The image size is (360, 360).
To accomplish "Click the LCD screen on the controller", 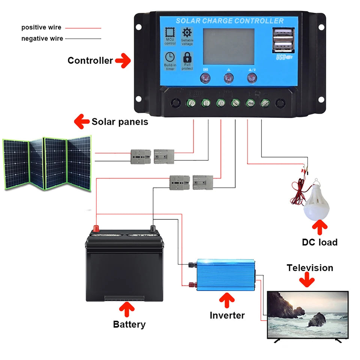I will tap(228, 46).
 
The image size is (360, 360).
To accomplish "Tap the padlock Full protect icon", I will tap(187, 58).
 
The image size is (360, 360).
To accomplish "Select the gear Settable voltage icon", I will tap(187, 33).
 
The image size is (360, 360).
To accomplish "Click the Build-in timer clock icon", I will tap(170, 57).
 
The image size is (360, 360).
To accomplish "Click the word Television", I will tap(310, 268).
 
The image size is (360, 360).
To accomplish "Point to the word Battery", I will tap(129, 324).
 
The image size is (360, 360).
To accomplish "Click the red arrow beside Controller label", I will tap(123, 60).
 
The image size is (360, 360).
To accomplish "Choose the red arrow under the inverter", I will tap(226, 300).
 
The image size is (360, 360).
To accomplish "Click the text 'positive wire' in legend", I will tap(41, 27).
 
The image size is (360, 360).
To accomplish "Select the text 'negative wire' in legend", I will tap(42, 38).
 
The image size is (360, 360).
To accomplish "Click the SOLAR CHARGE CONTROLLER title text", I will tap(229, 21).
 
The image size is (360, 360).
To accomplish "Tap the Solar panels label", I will tap(120, 121).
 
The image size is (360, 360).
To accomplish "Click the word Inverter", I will tap(227, 315).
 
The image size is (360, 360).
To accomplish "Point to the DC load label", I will tap(319, 242).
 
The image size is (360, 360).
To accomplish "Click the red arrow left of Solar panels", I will tap(82, 121).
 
